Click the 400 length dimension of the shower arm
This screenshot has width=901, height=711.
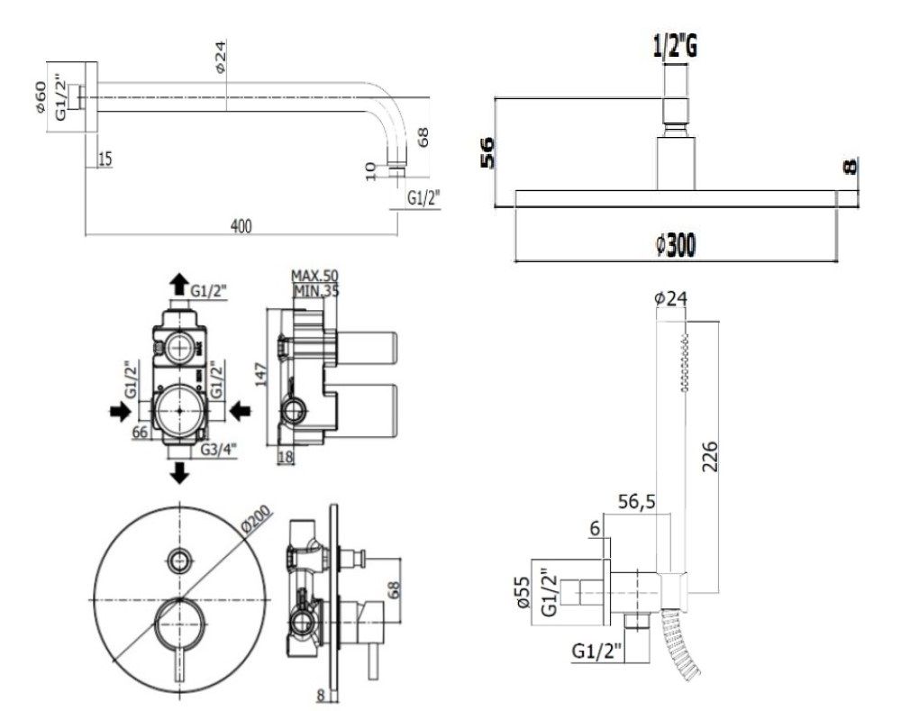pyautogui.click(x=241, y=226)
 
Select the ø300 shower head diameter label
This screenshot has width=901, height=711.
pyautogui.click(x=675, y=245)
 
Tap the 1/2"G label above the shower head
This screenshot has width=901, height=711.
pyautogui.click(x=675, y=47)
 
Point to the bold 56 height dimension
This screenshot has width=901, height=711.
pyautogui.click(x=487, y=152)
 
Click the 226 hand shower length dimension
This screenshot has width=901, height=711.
pyautogui.click(x=711, y=456)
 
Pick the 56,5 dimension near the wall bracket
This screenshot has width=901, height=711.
pyautogui.click(x=636, y=502)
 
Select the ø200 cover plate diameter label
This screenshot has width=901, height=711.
pyautogui.click(x=256, y=522)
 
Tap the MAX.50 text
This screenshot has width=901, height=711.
pyautogui.click(x=314, y=276)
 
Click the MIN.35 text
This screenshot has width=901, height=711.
pyautogui.click(x=316, y=290)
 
